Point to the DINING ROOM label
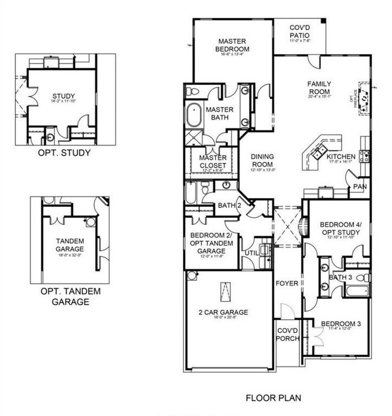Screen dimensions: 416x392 point(261,160)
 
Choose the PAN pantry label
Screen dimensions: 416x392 point(361,187)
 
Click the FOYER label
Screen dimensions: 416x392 point(285,283)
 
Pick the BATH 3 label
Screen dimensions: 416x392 point(341,277)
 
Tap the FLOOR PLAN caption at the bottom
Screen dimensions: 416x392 point(273,398)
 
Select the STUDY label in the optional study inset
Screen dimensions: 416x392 point(62,96)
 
